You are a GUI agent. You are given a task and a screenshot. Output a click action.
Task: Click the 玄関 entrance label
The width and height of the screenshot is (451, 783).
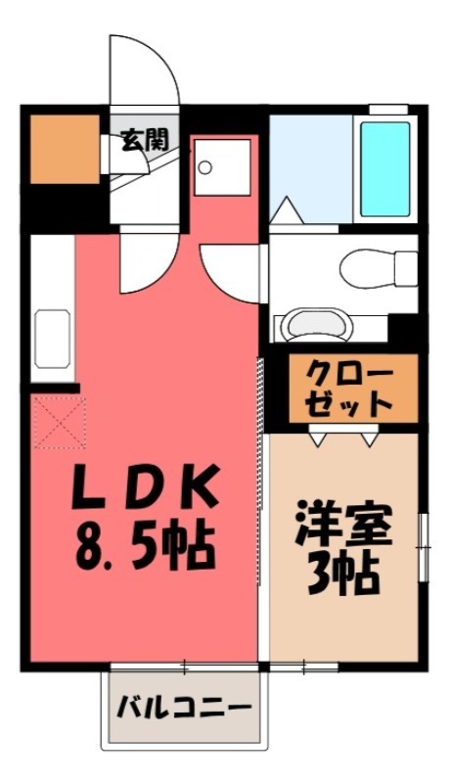143,140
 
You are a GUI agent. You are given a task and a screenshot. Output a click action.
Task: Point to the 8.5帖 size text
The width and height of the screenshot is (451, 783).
144,549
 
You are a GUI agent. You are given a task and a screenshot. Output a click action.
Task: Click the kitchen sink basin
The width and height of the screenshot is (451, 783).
52,338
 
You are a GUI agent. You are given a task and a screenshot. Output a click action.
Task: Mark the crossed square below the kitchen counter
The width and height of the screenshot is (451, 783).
59,423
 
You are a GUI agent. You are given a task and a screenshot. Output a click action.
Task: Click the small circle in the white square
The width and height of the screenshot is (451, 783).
205,166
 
